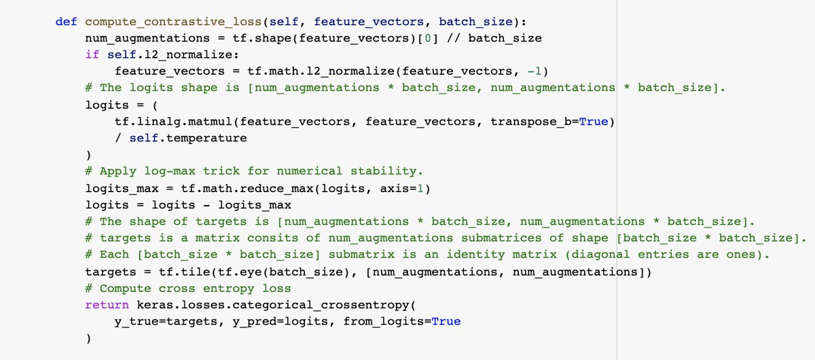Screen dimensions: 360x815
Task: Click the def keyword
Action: click(66, 21)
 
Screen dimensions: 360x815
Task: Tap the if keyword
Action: click(92, 54)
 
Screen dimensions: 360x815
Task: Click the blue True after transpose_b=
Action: click(592, 121)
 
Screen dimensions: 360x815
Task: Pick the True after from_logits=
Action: click(446, 321)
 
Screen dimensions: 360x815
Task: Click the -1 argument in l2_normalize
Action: click(533, 71)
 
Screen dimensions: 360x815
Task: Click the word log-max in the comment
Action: click(170, 170)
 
